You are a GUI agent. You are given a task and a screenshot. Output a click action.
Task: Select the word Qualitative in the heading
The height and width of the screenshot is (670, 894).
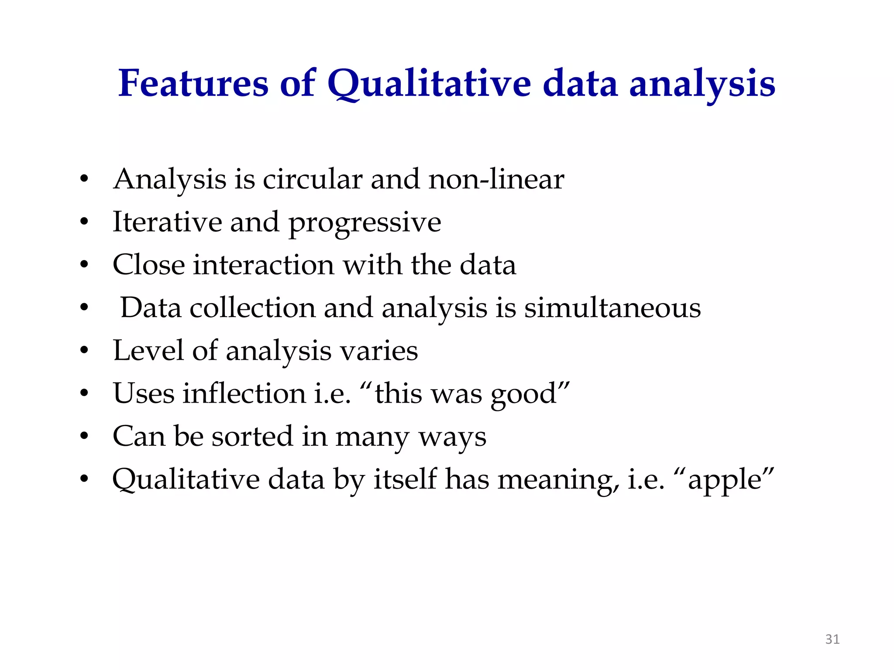pyautogui.click(x=429, y=84)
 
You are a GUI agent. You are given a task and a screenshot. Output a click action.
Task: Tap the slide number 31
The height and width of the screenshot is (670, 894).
pyautogui.click(x=832, y=639)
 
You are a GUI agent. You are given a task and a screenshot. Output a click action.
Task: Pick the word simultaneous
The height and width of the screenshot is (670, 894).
pyautogui.click(x=612, y=308)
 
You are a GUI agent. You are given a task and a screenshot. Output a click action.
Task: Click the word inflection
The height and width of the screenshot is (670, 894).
pyautogui.click(x=244, y=393)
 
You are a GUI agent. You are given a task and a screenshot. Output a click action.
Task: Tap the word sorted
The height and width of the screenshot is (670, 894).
pyautogui.click(x=252, y=436)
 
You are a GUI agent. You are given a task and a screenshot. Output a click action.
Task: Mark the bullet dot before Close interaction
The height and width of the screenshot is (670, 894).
pyautogui.click(x=84, y=265)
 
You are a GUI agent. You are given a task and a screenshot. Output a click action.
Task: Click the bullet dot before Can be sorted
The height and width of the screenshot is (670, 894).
pyautogui.click(x=84, y=436)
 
